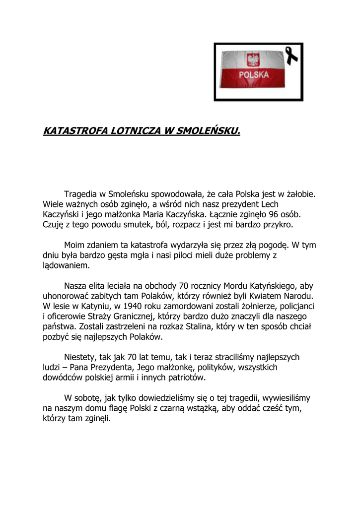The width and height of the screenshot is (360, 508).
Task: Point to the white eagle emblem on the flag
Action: point(253,61)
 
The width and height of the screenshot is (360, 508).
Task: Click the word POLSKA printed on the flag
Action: point(254,75)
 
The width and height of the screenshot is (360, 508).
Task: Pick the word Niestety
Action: point(81,357)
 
